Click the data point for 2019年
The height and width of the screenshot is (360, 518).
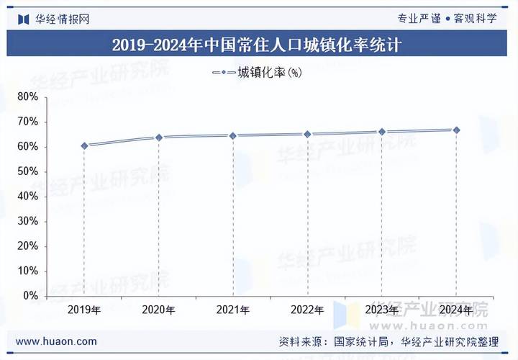point(84,145)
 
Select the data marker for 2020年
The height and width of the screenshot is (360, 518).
point(159,138)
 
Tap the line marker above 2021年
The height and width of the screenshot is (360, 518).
point(233,135)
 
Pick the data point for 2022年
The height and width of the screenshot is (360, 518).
point(307,134)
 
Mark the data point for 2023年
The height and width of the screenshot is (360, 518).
point(382,132)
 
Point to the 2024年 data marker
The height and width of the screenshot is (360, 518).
point(456,130)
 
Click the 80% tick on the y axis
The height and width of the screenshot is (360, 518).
point(28,96)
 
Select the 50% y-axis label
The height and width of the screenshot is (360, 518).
point(28,171)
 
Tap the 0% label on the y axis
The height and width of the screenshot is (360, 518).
point(31,296)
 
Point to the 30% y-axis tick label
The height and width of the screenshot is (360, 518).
point(28,221)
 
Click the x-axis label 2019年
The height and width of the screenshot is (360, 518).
point(84,310)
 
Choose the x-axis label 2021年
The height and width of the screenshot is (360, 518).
point(233,310)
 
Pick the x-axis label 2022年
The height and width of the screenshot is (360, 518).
point(307,310)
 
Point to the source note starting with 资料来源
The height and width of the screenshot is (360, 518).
point(388,341)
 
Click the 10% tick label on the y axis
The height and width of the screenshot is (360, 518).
point(28,271)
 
